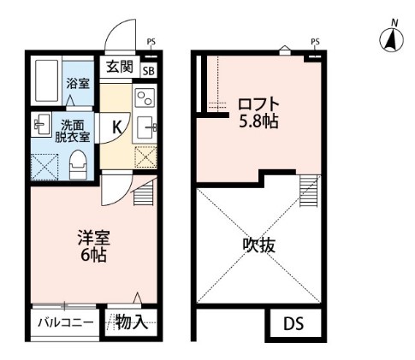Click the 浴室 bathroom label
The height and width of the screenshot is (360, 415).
[79, 84]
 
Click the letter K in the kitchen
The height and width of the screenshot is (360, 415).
[115, 127]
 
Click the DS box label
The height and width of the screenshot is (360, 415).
[293, 323]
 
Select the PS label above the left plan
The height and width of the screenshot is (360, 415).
[151, 40]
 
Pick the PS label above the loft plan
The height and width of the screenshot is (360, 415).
[315, 40]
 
